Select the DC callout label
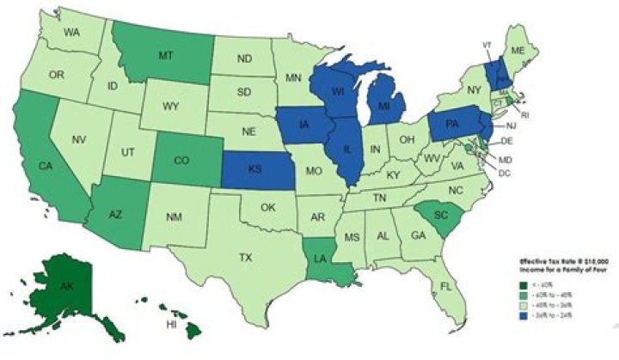coord(506,173)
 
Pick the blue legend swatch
coord(521,317)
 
